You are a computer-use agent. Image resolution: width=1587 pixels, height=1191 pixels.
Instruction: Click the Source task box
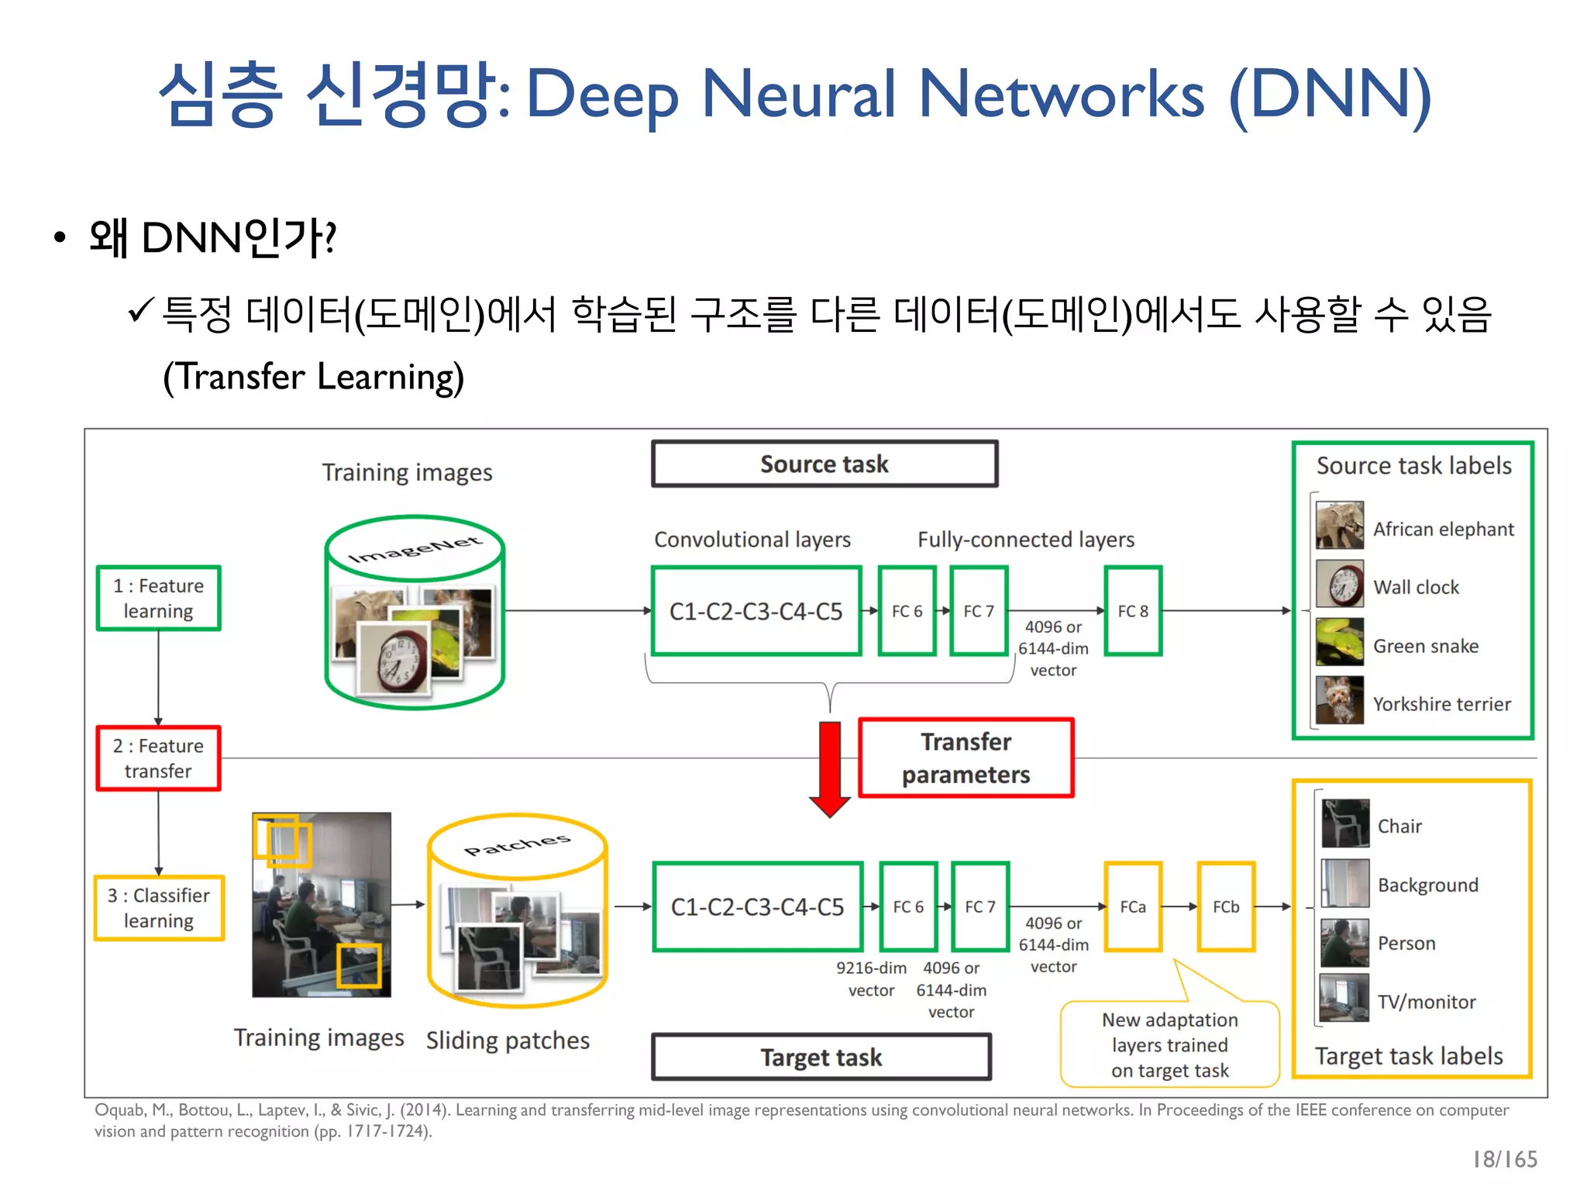pos(824,464)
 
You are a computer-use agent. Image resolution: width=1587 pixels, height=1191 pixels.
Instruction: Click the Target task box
pos(821,1057)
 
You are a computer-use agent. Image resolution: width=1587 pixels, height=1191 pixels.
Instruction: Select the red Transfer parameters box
pos(966,758)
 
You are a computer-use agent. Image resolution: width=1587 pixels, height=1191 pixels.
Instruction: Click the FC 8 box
pos(1132,611)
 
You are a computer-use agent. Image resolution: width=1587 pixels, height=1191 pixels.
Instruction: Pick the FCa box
pos(1132,906)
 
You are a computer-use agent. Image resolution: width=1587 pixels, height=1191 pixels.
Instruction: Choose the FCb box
pos(1225,906)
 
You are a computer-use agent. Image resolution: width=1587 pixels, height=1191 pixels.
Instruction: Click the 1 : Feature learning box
pos(159,598)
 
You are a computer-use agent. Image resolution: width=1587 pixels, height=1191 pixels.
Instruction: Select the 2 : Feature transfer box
pos(159,758)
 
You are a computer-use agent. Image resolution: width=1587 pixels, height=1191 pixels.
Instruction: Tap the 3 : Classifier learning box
pos(159,908)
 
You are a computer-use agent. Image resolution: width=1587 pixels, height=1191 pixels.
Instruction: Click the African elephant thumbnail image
pos(1339,526)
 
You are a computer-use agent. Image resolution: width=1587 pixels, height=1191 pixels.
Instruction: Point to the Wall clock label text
pos(1416,588)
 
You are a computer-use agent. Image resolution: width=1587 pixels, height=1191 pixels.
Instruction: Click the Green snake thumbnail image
pos(1339,642)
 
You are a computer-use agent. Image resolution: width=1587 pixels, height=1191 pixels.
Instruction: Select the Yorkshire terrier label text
pos(1441,704)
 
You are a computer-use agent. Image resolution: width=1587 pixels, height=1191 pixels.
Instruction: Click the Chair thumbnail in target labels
pos(1344,823)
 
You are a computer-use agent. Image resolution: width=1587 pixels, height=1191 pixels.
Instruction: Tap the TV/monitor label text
pos(1426,1002)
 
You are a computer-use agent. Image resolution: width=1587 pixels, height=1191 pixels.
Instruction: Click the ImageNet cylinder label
pos(415,548)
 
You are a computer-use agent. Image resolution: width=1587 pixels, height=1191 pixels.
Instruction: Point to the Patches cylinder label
pos(517,844)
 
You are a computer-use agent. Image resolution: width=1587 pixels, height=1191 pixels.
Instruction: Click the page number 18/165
pos(1504,1159)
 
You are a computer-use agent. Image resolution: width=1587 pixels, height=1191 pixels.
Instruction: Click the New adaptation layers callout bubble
pos(1169,1044)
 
